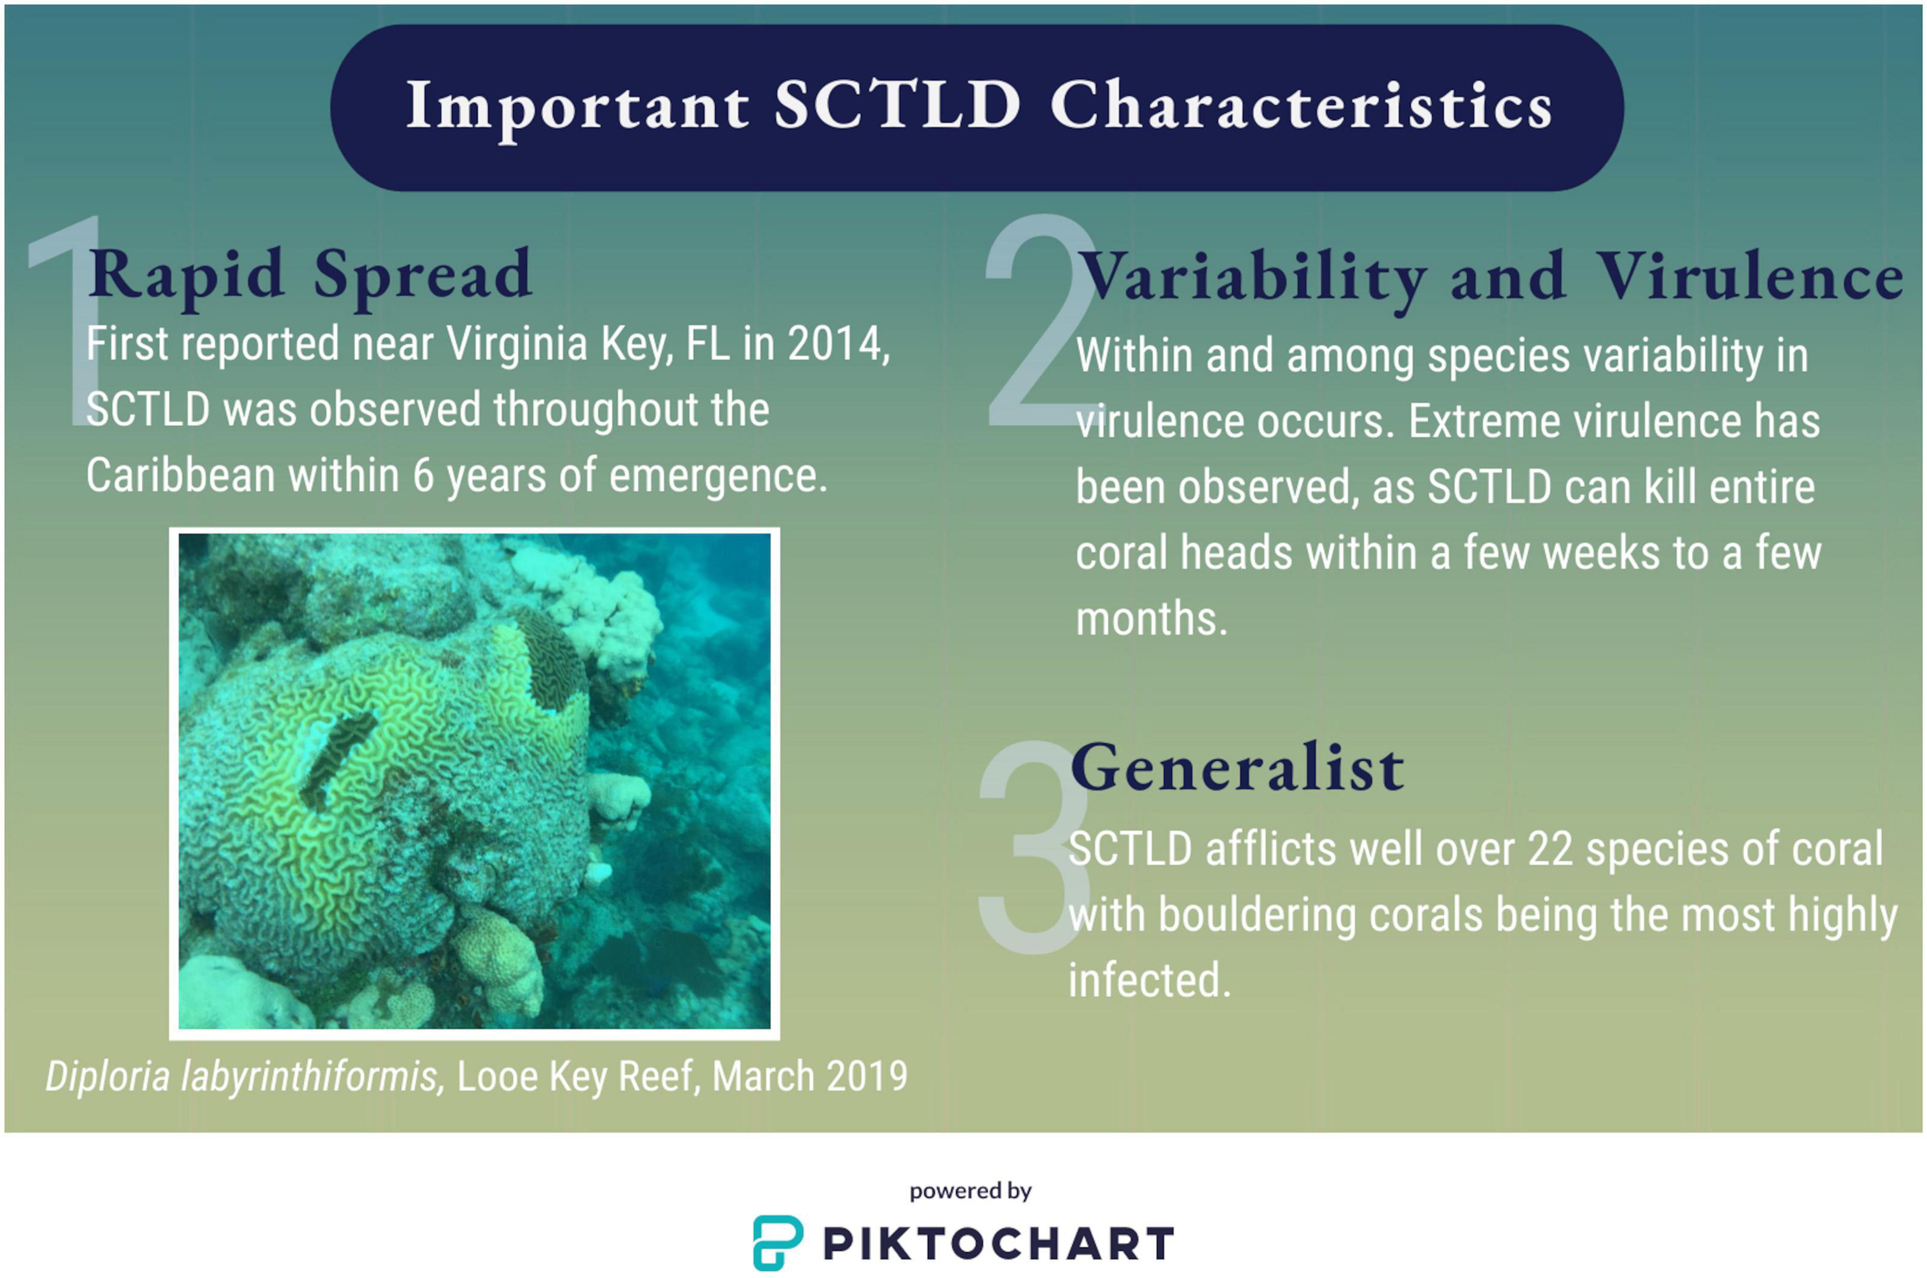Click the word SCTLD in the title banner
point(897,105)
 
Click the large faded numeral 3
point(1035,848)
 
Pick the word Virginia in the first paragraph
point(517,344)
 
